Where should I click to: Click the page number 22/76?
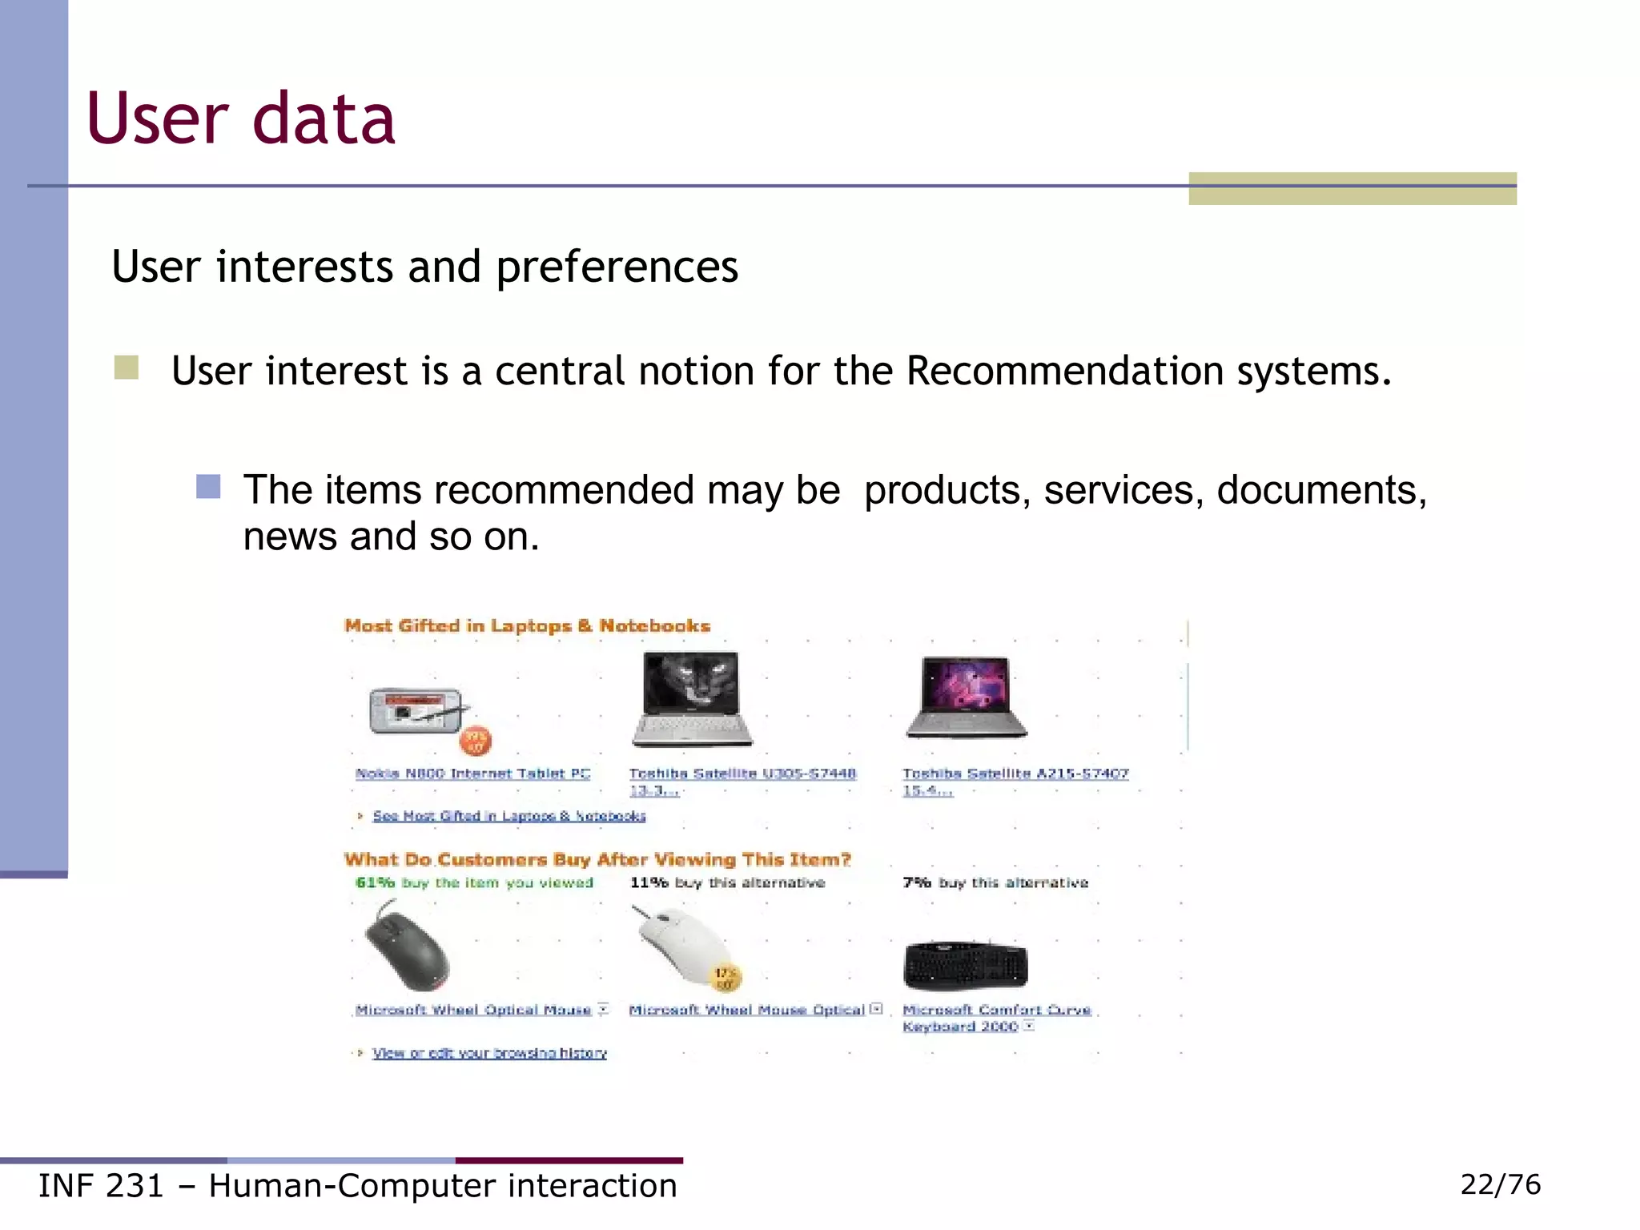(x=1500, y=1184)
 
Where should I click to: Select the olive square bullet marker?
(x=127, y=368)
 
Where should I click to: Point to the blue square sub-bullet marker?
(x=208, y=487)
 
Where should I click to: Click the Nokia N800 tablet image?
(x=416, y=711)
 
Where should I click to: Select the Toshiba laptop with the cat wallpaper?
(x=693, y=698)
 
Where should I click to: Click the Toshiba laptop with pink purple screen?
(x=967, y=697)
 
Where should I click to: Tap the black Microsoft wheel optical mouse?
(x=407, y=947)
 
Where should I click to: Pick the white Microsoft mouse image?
(x=682, y=945)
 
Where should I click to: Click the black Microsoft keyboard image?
(x=965, y=965)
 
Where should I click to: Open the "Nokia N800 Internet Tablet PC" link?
(x=472, y=774)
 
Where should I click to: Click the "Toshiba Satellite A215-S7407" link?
(x=1015, y=774)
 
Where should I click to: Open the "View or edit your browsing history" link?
(x=489, y=1053)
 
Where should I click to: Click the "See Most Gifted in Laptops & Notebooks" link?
(x=508, y=816)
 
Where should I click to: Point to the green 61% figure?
(x=375, y=882)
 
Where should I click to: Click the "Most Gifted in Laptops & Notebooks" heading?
(x=527, y=625)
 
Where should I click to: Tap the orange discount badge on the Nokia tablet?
(x=476, y=741)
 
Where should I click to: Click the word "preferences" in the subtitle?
(x=617, y=267)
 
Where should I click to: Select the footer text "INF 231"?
(x=101, y=1186)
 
